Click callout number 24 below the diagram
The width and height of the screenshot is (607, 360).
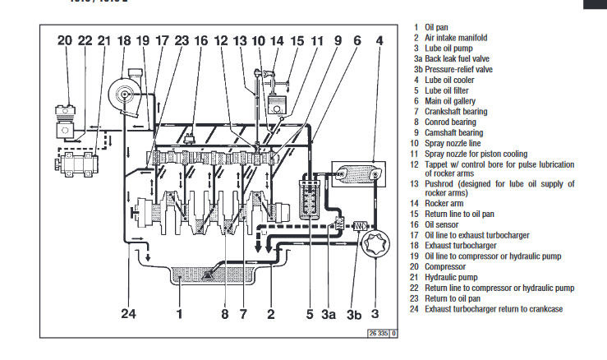pos(130,312)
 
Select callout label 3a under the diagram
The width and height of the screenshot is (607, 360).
pos(329,312)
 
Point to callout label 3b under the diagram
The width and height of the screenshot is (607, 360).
pos(353,312)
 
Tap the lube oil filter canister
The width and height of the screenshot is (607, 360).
pos(311,197)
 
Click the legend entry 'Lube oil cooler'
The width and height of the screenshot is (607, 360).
pos(448,81)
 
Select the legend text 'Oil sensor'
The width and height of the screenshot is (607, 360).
pos(443,224)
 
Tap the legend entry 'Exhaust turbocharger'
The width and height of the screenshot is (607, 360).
pos(460,246)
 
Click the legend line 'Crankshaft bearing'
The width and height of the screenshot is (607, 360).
pos(456,112)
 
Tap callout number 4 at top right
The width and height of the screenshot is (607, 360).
pos(379,40)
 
